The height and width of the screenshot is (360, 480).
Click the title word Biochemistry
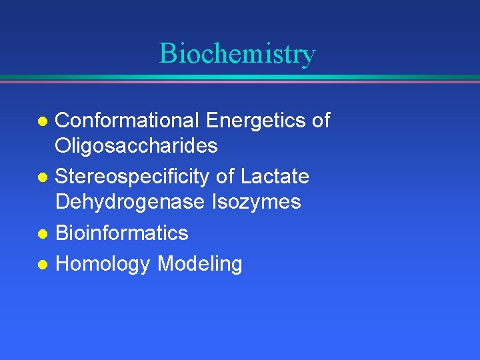coord(237,54)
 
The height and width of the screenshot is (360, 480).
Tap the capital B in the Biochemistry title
coord(168,53)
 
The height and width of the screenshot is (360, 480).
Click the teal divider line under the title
coord(240,77)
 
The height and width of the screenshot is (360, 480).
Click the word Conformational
coord(127,121)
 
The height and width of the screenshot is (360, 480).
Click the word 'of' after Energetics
coord(321,121)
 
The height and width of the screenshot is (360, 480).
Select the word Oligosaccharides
coord(136,146)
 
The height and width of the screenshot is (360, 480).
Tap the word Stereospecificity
coord(133,177)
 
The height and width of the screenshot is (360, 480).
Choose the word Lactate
coord(275,177)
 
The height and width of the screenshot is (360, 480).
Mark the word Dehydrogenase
coord(129,202)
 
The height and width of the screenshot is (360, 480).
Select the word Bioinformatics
coord(121,233)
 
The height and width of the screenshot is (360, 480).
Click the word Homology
coord(103,265)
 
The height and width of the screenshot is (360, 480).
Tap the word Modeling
coord(199,265)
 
